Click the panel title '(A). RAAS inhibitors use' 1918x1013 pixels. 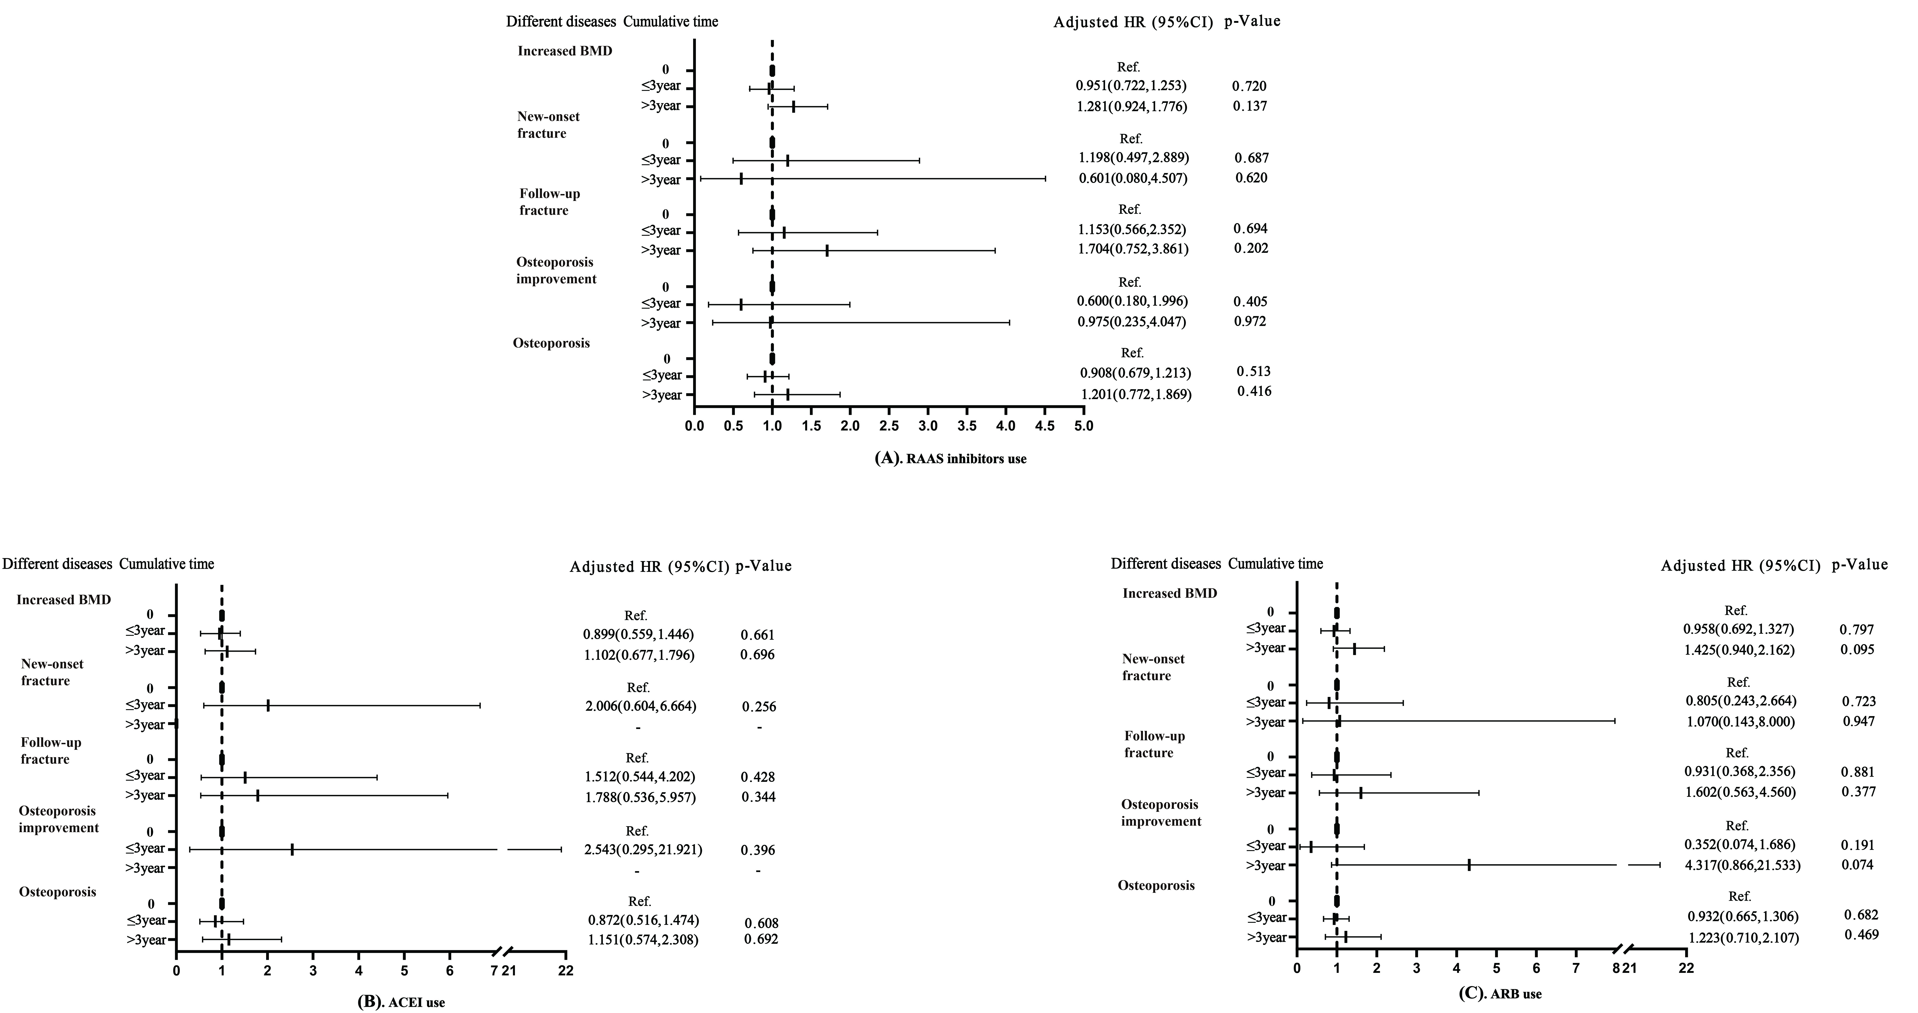[950, 458]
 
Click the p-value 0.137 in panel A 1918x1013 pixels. [1249, 106]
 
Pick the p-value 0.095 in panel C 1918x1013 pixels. [1857, 649]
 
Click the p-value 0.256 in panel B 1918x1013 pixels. [759, 706]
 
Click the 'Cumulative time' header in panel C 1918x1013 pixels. [1275, 563]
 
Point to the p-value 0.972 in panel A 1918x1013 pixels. [1249, 322]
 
